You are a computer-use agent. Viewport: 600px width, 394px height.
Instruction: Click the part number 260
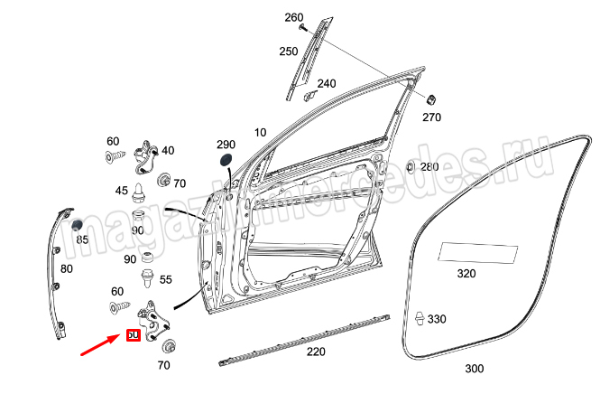click(294, 18)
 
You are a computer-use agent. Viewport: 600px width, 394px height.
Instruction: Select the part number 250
click(288, 52)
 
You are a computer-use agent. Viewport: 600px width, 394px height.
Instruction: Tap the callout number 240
click(326, 84)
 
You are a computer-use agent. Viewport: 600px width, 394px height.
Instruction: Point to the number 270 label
click(431, 117)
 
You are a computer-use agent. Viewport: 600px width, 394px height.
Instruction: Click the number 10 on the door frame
click(260, 133)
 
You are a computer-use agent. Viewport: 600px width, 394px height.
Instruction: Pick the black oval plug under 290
click(224, 161)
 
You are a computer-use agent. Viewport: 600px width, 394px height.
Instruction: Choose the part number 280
click(429, 167)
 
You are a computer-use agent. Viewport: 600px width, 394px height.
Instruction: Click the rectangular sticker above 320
click(478, 253)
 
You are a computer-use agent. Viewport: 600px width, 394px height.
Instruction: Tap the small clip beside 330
click(420, 319)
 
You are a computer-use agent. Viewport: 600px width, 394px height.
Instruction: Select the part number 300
click(474, 369)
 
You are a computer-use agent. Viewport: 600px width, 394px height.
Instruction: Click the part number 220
click(317, 352)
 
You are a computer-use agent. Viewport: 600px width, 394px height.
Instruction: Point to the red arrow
click(99, 345)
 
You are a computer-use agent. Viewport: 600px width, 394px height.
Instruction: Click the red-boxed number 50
click(133, 335)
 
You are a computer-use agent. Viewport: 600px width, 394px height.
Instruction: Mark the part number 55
click(166, 281)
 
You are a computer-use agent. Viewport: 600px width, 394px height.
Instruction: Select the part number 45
click(122, 190)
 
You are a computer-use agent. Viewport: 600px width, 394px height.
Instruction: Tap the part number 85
click(82, 239)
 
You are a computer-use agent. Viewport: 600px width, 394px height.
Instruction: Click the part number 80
click(67, 268)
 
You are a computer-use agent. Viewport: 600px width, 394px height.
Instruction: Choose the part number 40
click(169, 150)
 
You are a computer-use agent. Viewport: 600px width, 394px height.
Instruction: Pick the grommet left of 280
click(411, 167)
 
